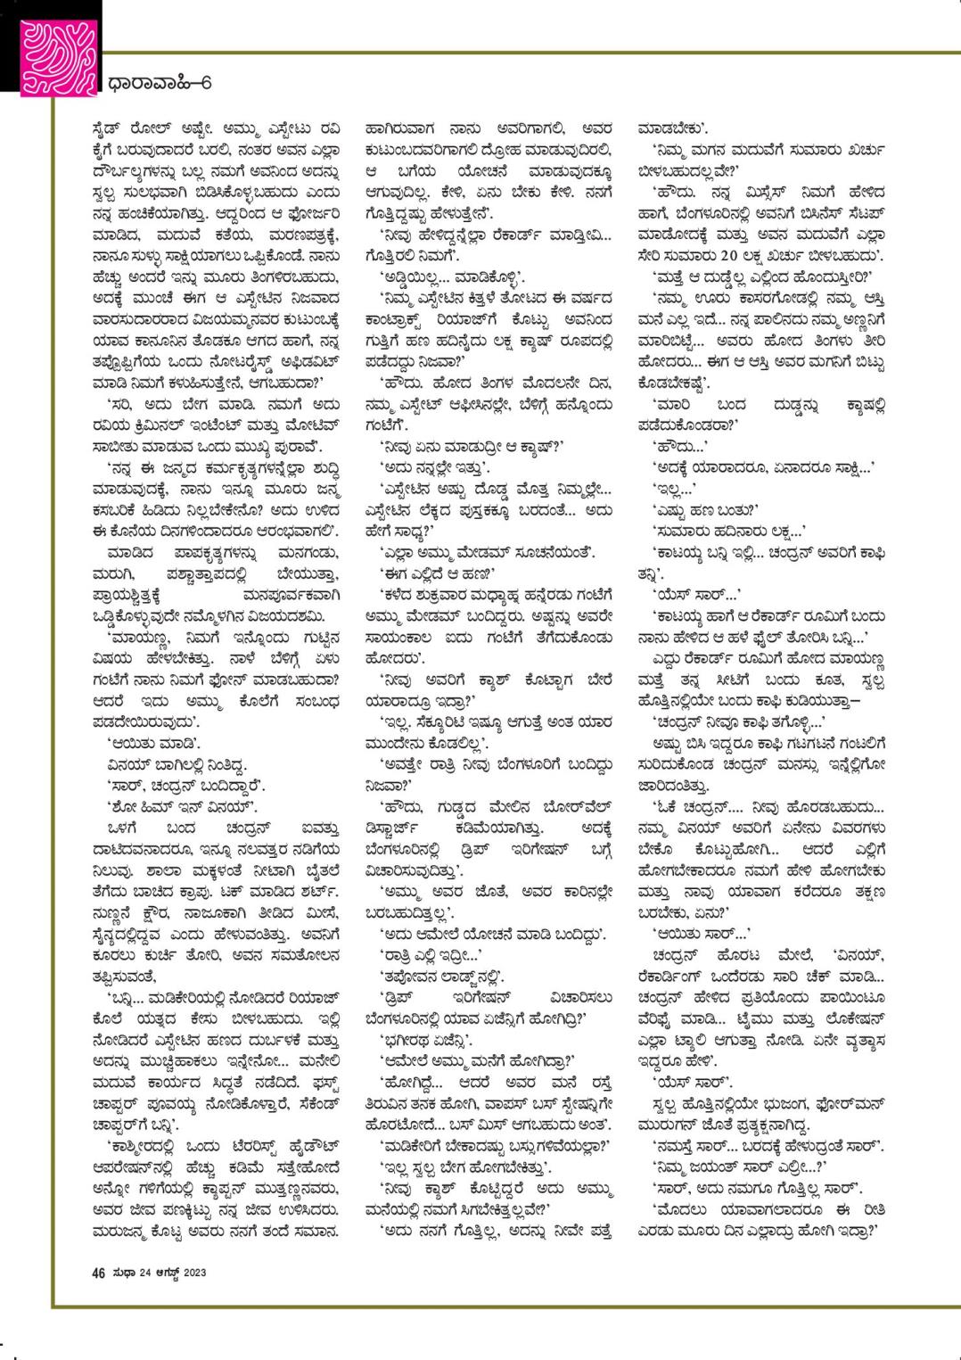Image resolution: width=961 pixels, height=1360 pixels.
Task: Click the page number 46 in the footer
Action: [98, 1273]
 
